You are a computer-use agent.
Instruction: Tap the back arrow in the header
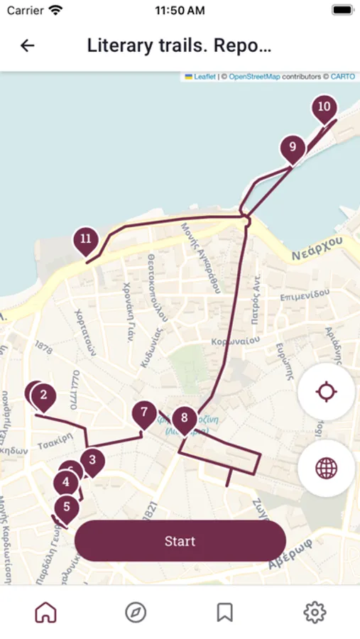point(28,46)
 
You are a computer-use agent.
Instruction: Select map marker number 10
point(324,108)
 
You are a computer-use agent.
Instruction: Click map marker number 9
point(292,148)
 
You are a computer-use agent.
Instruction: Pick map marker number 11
point(86,239)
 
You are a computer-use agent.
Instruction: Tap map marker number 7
point(144,413)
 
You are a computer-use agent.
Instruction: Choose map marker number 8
point(185,418)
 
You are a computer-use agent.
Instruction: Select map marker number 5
point(67,508)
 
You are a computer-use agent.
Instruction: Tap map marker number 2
point(44,395)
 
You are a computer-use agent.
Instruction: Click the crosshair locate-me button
point(326,392)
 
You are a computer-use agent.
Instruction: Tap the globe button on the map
point(326,468)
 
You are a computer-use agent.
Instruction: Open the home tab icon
point(45,612)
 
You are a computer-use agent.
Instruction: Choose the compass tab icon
point(135,612)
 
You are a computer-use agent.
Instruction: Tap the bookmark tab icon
point(225,612)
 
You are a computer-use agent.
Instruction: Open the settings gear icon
point(315,612)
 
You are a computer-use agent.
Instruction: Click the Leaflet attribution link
point(204,77)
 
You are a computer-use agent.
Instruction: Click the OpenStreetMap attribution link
point(254,77)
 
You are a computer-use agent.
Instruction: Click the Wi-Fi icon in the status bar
point(55,11)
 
